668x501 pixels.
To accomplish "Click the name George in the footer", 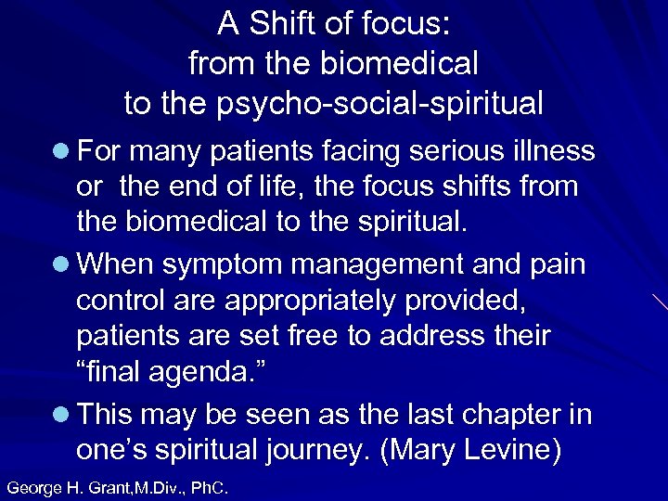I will point(33,485).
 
